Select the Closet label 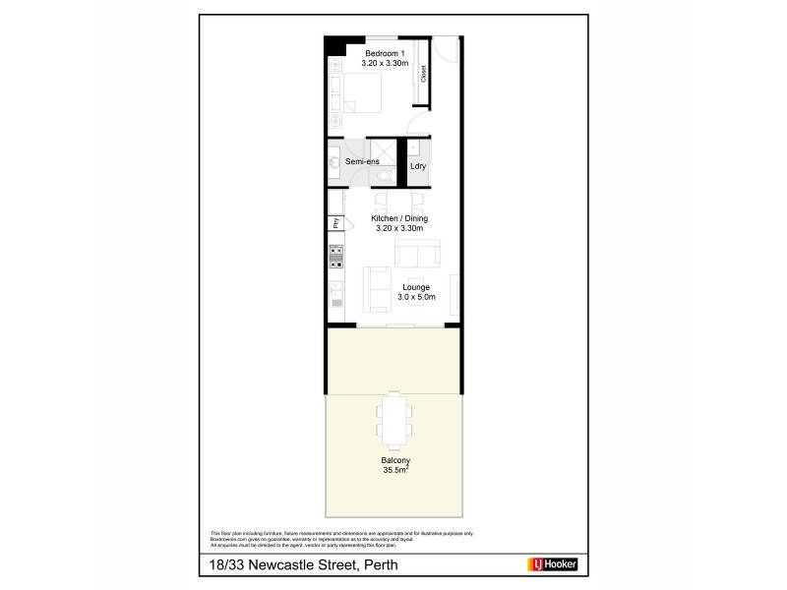click(x=424, y=74)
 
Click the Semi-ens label click(x=362, y=161)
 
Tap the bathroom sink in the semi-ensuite click(x=334, y=161)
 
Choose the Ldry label click(x=418, y=167)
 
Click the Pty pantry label click(x=335, y=223)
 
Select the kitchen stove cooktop click(x=335, y=257)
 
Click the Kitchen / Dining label click(x=398, y=218)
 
